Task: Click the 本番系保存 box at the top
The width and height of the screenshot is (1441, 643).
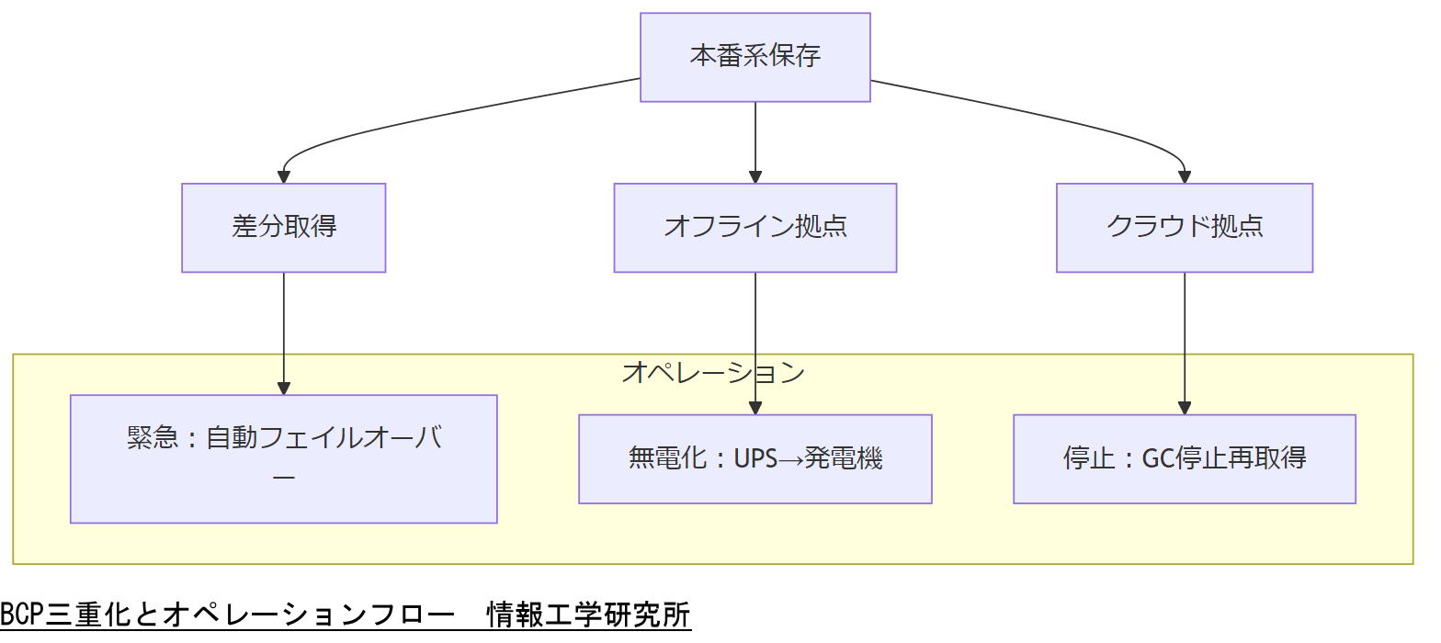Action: tap(755, 57)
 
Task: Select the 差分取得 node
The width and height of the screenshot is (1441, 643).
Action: tap(283, 227)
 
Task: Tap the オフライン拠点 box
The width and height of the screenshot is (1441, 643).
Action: tap(755, 227)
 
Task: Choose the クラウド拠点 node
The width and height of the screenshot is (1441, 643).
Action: tap(1184, 227)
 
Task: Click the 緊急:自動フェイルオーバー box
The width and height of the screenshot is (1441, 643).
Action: tap(283, 458)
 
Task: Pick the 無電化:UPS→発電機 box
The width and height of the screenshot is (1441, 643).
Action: tap(755, 458)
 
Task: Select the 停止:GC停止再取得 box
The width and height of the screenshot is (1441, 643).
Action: tap(1184, 458)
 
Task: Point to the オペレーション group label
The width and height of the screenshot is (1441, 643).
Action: tap(713, 372)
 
